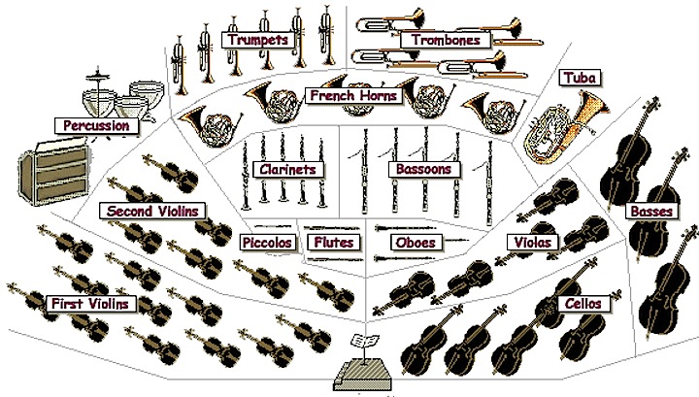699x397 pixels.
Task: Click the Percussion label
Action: point(96,125)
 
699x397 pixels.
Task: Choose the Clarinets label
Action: point(286,169)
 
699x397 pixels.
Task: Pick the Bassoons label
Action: point(422,169)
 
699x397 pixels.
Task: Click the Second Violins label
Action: point(152,210)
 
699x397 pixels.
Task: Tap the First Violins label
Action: point(93,304)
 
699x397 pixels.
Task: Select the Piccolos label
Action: point(264,242)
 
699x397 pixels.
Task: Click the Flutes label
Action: point(333,242)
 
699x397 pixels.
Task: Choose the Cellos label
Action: point(585,304)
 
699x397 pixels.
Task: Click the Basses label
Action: point(647,210)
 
